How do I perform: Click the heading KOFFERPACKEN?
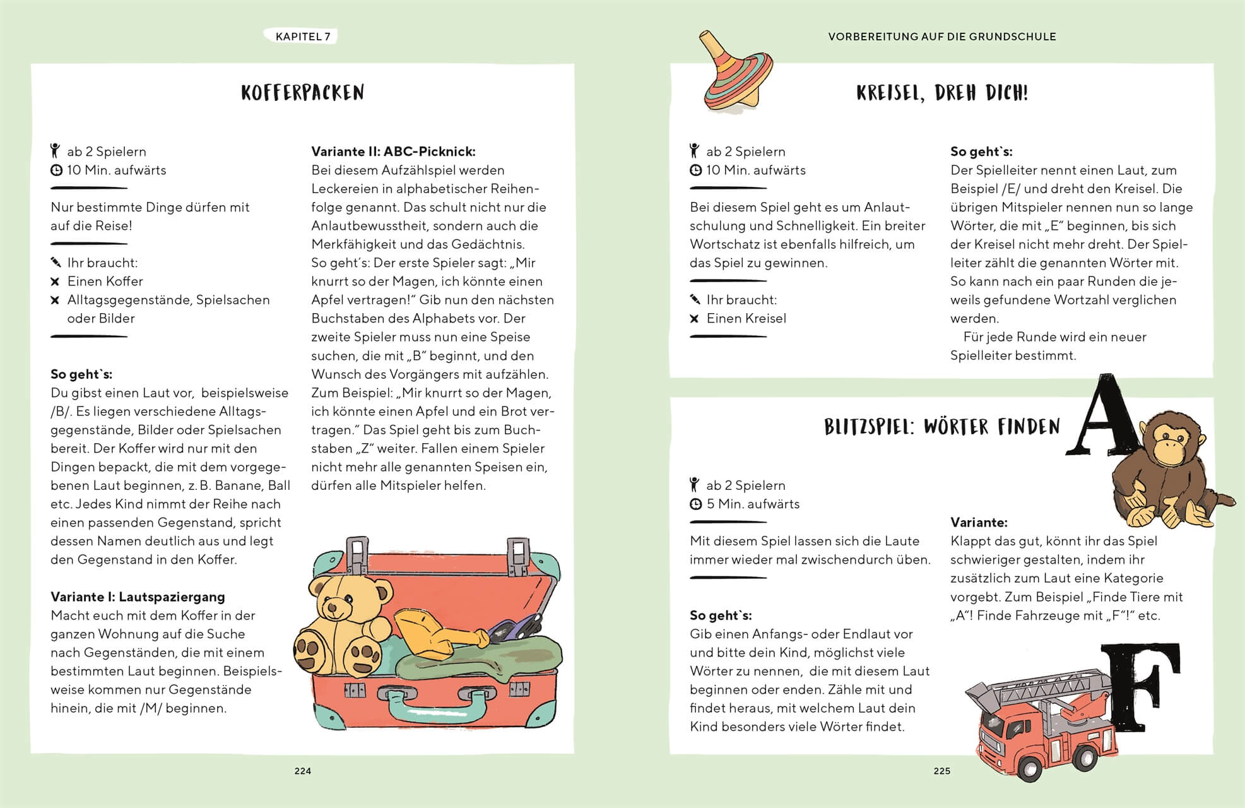302,93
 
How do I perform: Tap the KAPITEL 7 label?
303,37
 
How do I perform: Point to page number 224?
303,771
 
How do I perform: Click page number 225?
941,771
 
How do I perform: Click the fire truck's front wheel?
1030,769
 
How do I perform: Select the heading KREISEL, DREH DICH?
941,93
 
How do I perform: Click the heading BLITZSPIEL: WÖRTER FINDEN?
941,427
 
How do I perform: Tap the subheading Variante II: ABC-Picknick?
393,151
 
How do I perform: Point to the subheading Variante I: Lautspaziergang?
138,597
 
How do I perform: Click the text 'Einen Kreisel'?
746,318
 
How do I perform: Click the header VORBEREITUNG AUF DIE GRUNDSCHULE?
941,37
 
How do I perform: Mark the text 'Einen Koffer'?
105,281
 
